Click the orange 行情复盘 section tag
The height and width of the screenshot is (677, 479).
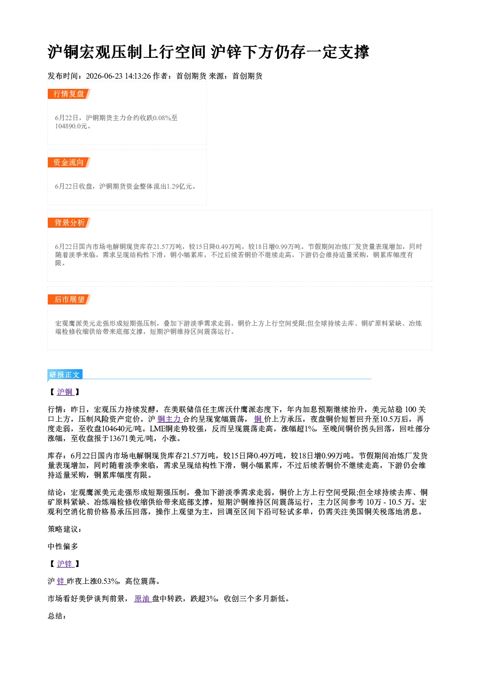tap(69, 94)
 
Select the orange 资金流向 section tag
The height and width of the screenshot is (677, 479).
tap(69, 162)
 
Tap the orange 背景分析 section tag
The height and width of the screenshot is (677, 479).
tap(69, 223)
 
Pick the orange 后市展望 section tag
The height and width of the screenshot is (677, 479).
tap(69, 300)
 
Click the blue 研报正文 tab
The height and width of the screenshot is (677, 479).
tap(65, 375)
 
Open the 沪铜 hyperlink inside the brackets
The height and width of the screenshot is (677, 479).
tap(65, 392)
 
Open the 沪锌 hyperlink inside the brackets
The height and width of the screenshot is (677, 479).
tap(65, 564)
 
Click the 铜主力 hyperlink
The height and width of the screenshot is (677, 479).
tap(169, 419)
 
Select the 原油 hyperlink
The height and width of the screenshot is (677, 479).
tap(143, 598)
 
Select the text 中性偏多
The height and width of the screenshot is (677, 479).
tap(63, 546)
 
